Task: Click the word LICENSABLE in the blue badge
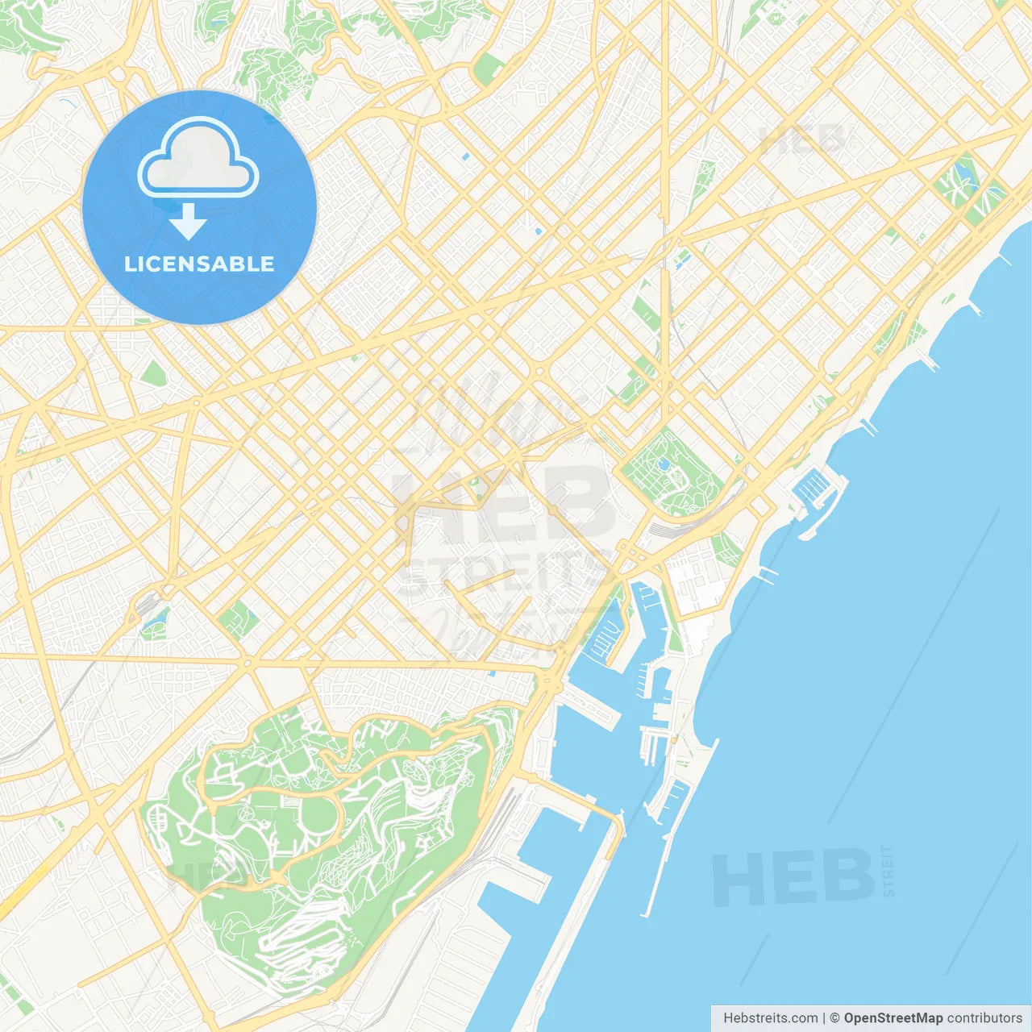(x=199, y=264)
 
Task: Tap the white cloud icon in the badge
(x=198, y=157)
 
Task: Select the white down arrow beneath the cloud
(x=189, y=222)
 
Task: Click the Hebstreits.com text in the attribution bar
(x=770, y=1018)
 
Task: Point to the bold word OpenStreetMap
(x=893, y=1018)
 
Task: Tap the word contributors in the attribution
(x=984, y=1018)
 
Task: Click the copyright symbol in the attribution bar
(x=834, y=1018)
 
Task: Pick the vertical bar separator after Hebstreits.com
(x=824, y=1018)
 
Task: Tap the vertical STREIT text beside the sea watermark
(x=888, y=871)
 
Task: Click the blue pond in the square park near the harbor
(x=664, y=465)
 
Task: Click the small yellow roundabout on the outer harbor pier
(x=673, y=738)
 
